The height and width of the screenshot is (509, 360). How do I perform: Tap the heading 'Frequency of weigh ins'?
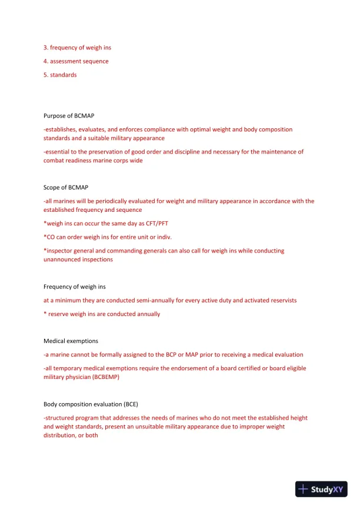coord(75,287)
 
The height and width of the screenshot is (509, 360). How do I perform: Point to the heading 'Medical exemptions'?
coord(71,341)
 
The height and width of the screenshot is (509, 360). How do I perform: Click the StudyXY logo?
coord(321,489)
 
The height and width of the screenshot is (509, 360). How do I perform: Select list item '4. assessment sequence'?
coord(76,61)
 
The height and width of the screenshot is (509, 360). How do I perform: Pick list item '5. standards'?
coord(60,75)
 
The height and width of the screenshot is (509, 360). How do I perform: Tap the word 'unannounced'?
coord(62,260)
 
